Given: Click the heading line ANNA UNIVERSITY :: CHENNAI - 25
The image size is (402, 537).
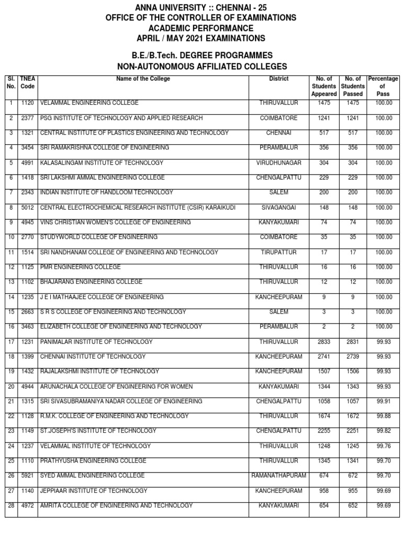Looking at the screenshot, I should [x=201, y=7].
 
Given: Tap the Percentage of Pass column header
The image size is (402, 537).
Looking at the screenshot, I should [x=383, y=86].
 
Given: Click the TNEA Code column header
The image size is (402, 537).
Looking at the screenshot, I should [x=27, y=82].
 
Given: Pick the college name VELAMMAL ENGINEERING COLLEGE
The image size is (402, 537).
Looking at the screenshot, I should [x=90, y=103].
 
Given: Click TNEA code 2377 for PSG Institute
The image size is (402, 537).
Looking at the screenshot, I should [x=27, y=119].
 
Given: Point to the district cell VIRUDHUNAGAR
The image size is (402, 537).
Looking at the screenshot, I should [x=278, y=163].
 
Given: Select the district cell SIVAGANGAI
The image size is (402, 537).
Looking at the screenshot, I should [x=278, y=208].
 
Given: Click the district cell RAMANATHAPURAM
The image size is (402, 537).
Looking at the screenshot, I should [x=278, y=476].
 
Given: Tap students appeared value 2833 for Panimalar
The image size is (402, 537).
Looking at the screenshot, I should [x=324, y=342].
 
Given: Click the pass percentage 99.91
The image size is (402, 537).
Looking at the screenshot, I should [x=383, y=402].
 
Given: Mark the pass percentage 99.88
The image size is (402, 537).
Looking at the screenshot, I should [x=383, y=416].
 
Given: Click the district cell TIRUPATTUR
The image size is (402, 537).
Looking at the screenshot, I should [x=278, y=253].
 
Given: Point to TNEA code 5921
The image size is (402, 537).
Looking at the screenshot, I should [x=27, y=476].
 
